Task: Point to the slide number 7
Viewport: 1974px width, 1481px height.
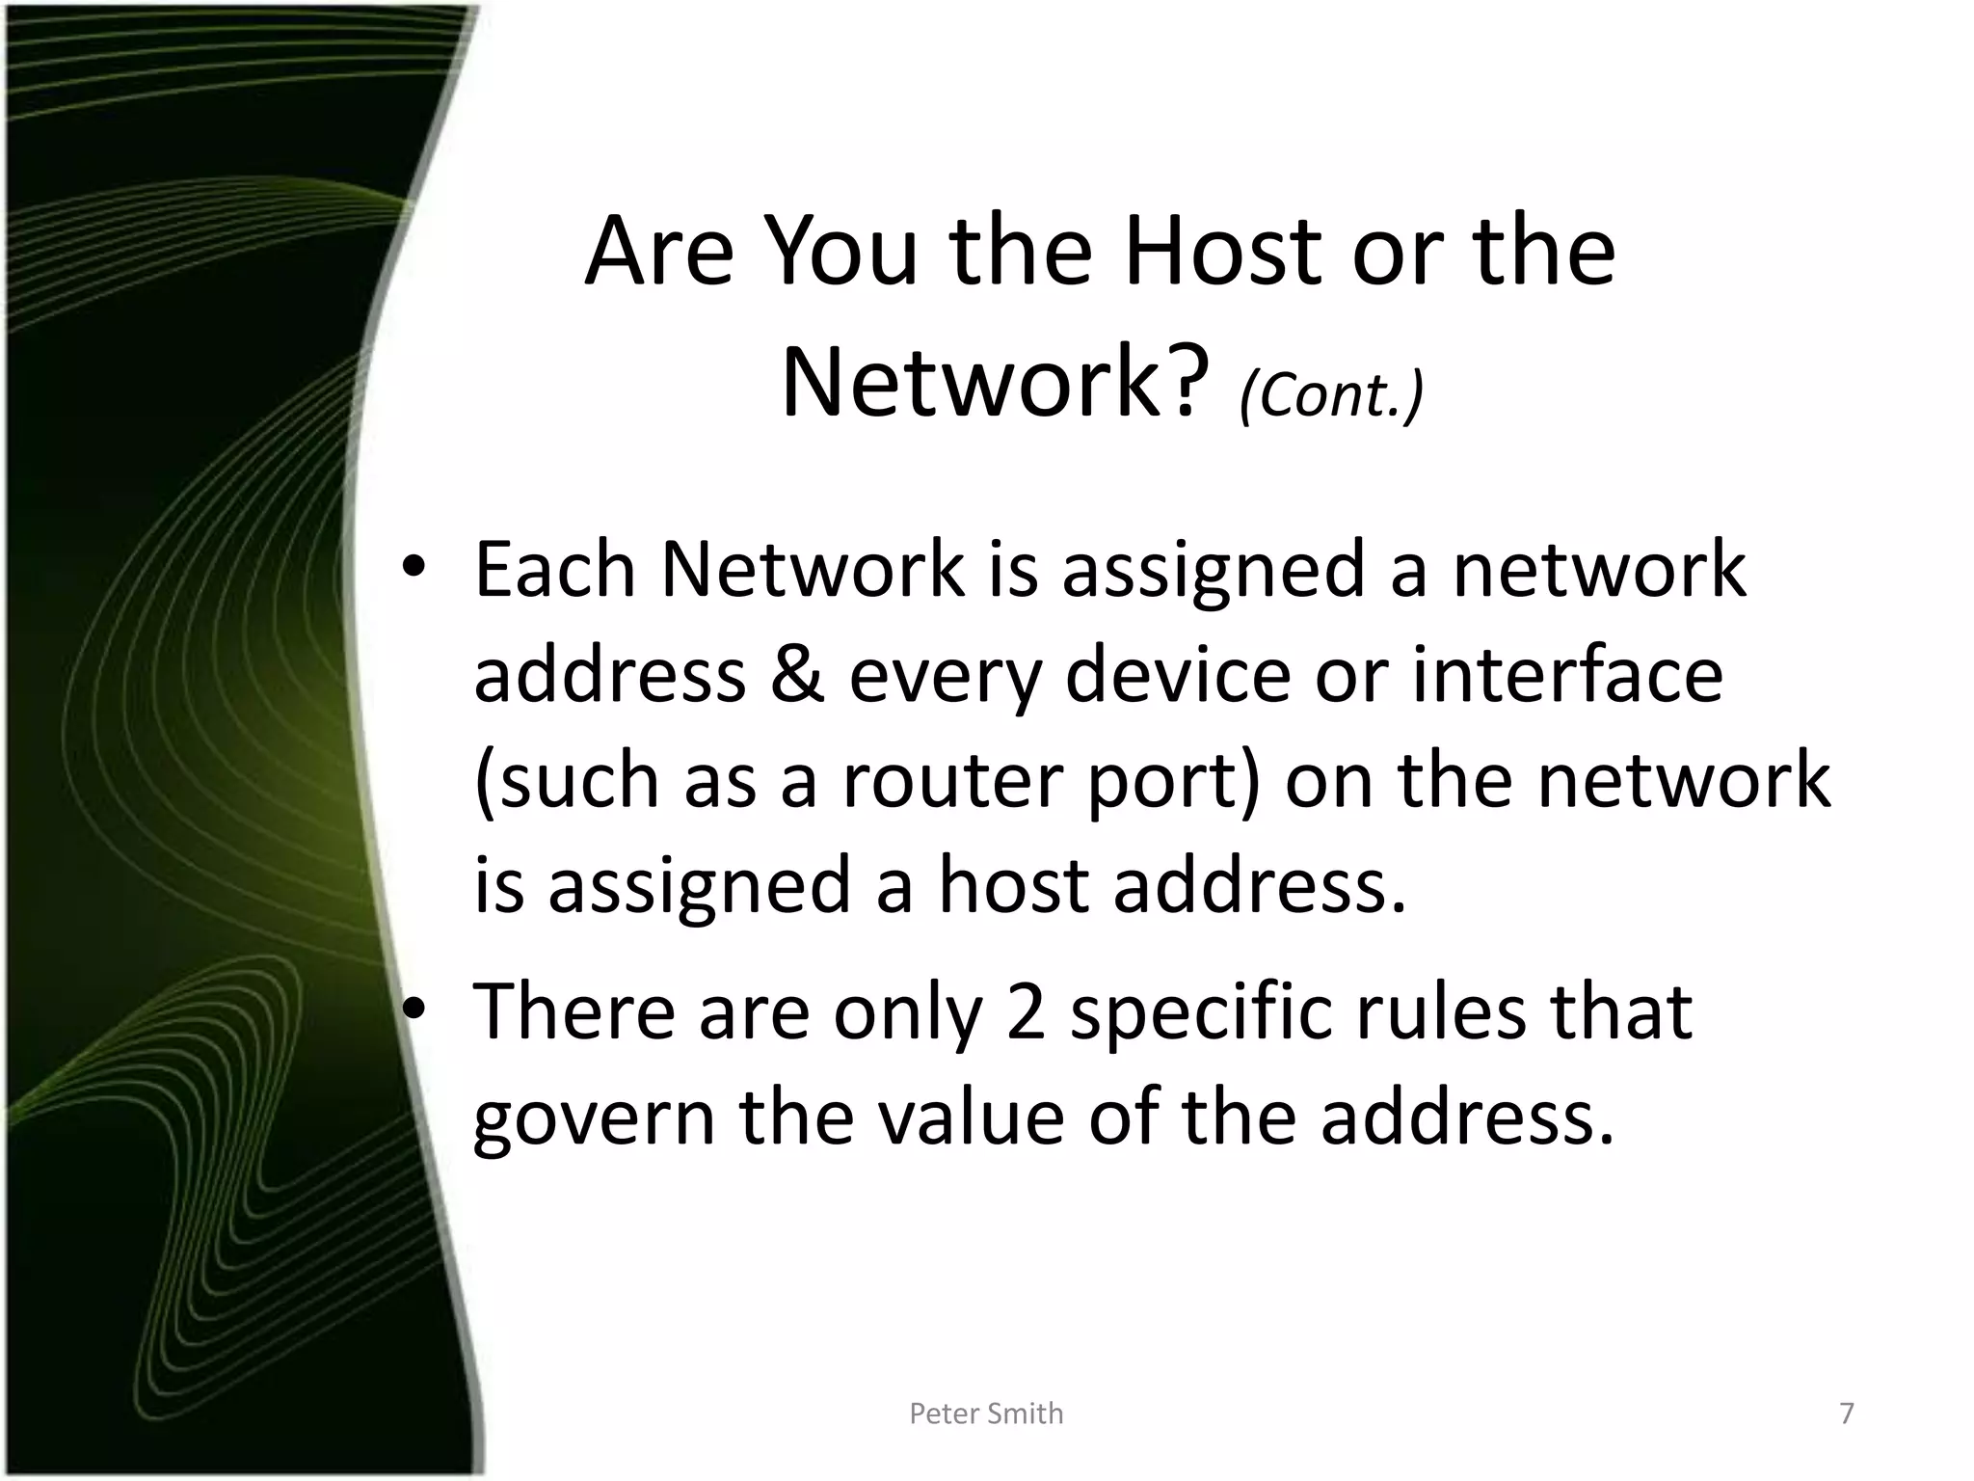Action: click(x=1847, y=1414)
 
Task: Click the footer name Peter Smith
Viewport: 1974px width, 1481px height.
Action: click(x=986, y=1414)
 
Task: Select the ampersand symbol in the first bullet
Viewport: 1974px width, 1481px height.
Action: click(x=797, y=674)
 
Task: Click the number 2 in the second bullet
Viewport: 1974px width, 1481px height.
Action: click(x=1026, y=1011)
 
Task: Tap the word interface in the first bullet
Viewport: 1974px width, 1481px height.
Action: click(x=1567, y=674)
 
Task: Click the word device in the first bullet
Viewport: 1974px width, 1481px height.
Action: click(x=1177, y=674)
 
